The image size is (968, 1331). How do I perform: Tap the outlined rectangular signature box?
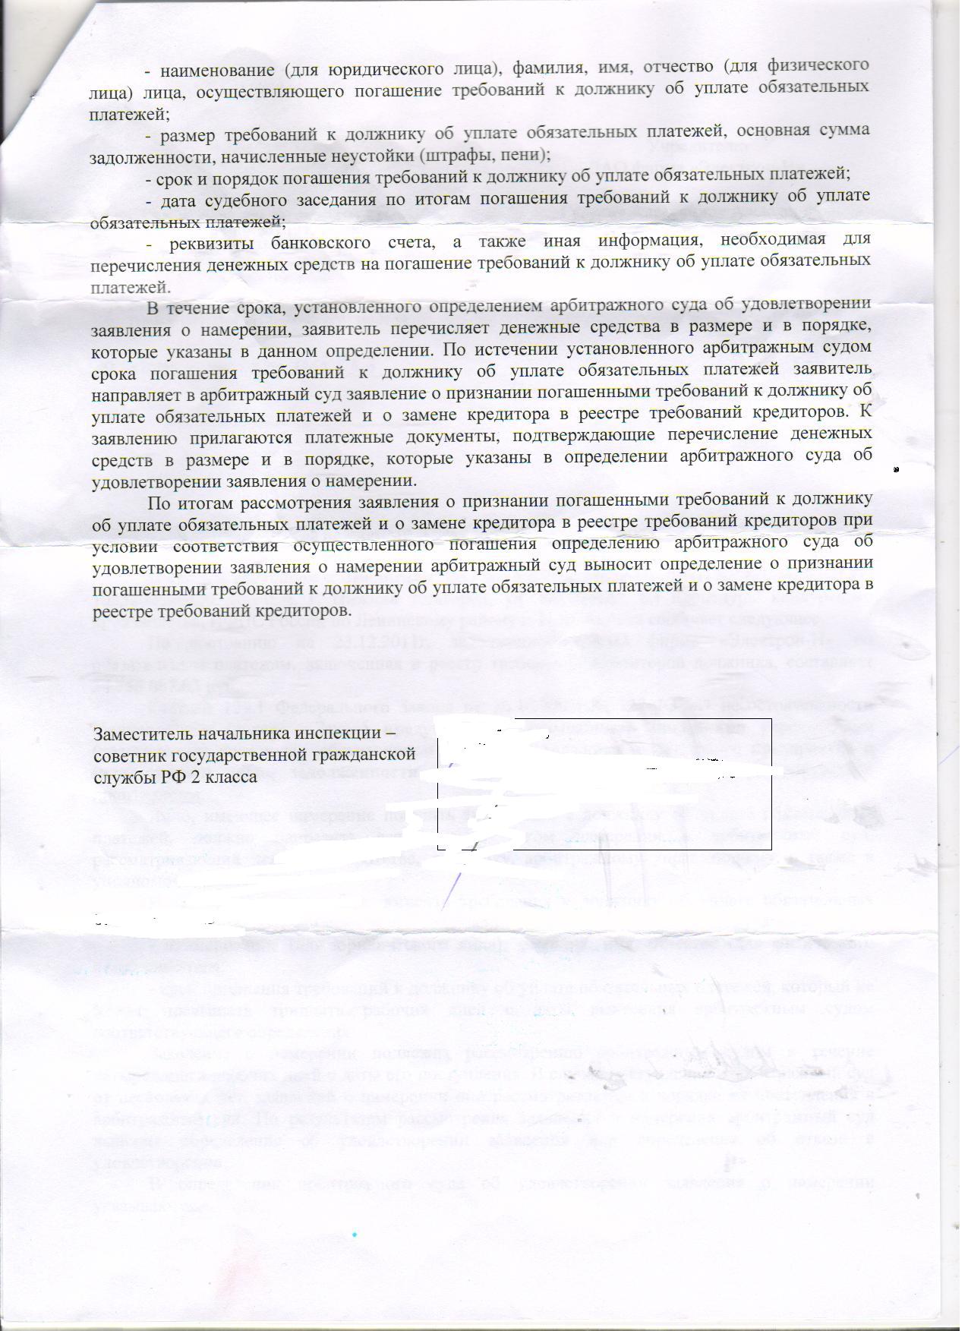pos(604,784)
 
